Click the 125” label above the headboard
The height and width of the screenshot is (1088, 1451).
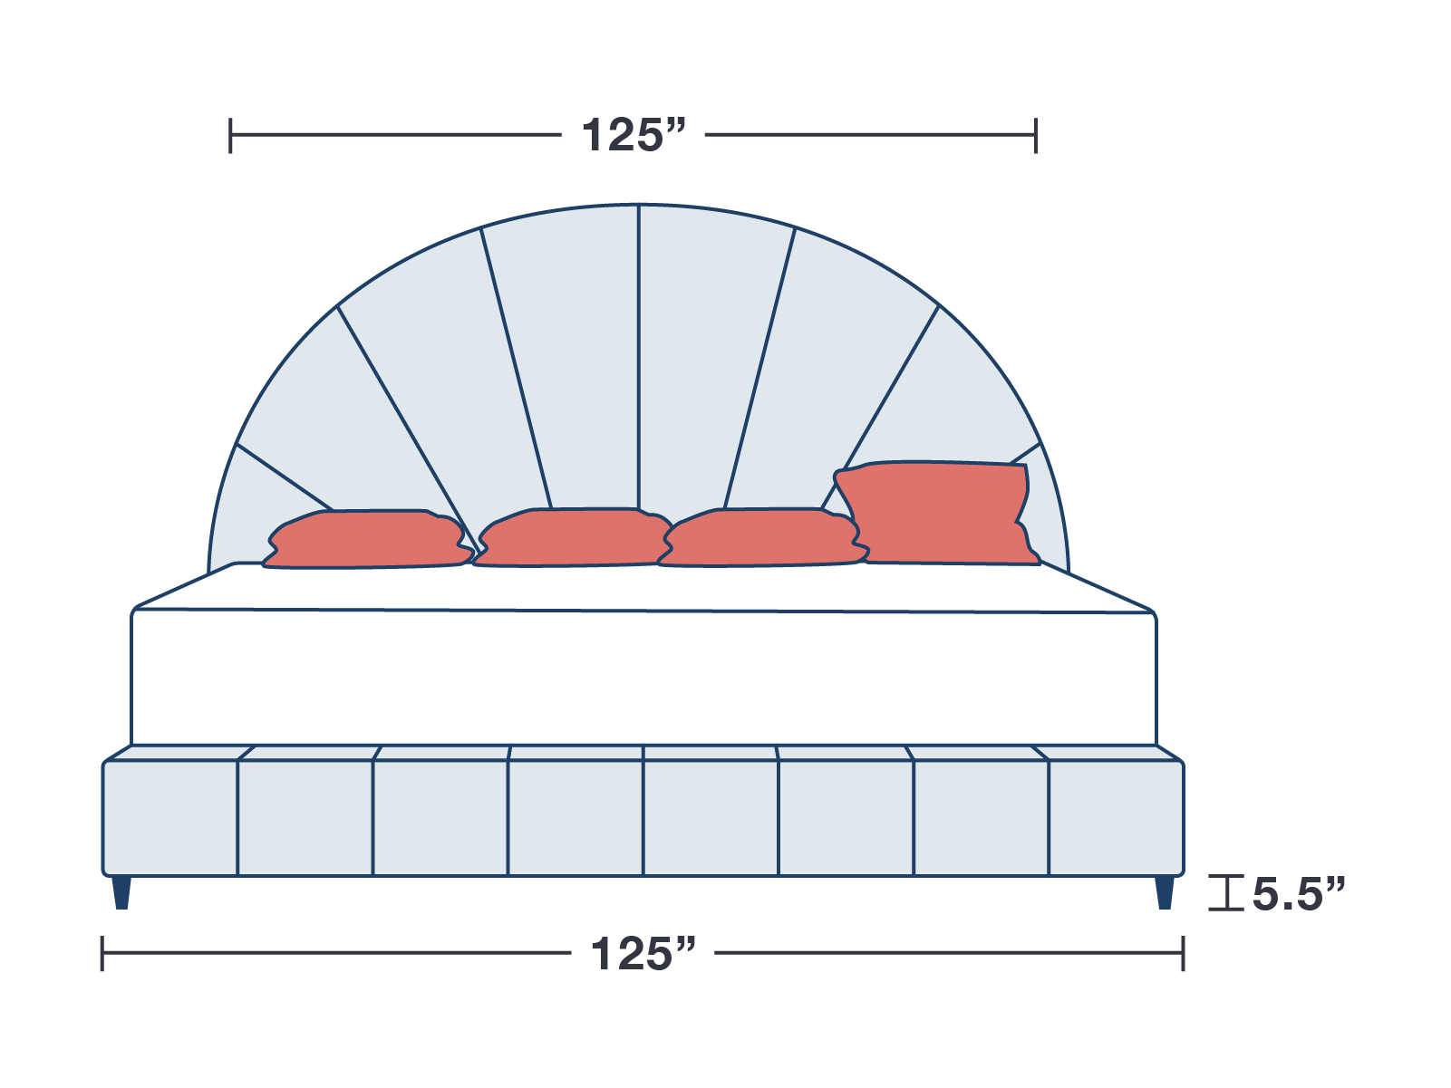[x=634, y=136]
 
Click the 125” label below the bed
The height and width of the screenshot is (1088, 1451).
[x=643, y=954]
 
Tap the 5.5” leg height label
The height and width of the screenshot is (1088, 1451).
[x=1298, y=894]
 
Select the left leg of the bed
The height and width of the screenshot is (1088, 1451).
[x=121, y=892]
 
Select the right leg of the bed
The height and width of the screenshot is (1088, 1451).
[x=1165, y=892]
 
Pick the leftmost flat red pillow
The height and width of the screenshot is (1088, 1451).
[x=367, y=539]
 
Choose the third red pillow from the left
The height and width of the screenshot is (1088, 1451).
[x=759, y=538]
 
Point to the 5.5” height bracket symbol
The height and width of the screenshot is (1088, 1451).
[x=1226, y=893]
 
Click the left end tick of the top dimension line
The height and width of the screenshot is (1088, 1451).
[x=230, y=136]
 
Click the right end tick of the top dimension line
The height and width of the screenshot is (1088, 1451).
[x=1036, y=136]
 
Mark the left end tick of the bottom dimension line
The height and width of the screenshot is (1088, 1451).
[x=102, y=954]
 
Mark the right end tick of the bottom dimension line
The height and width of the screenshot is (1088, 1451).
[x=1183, y=954]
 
